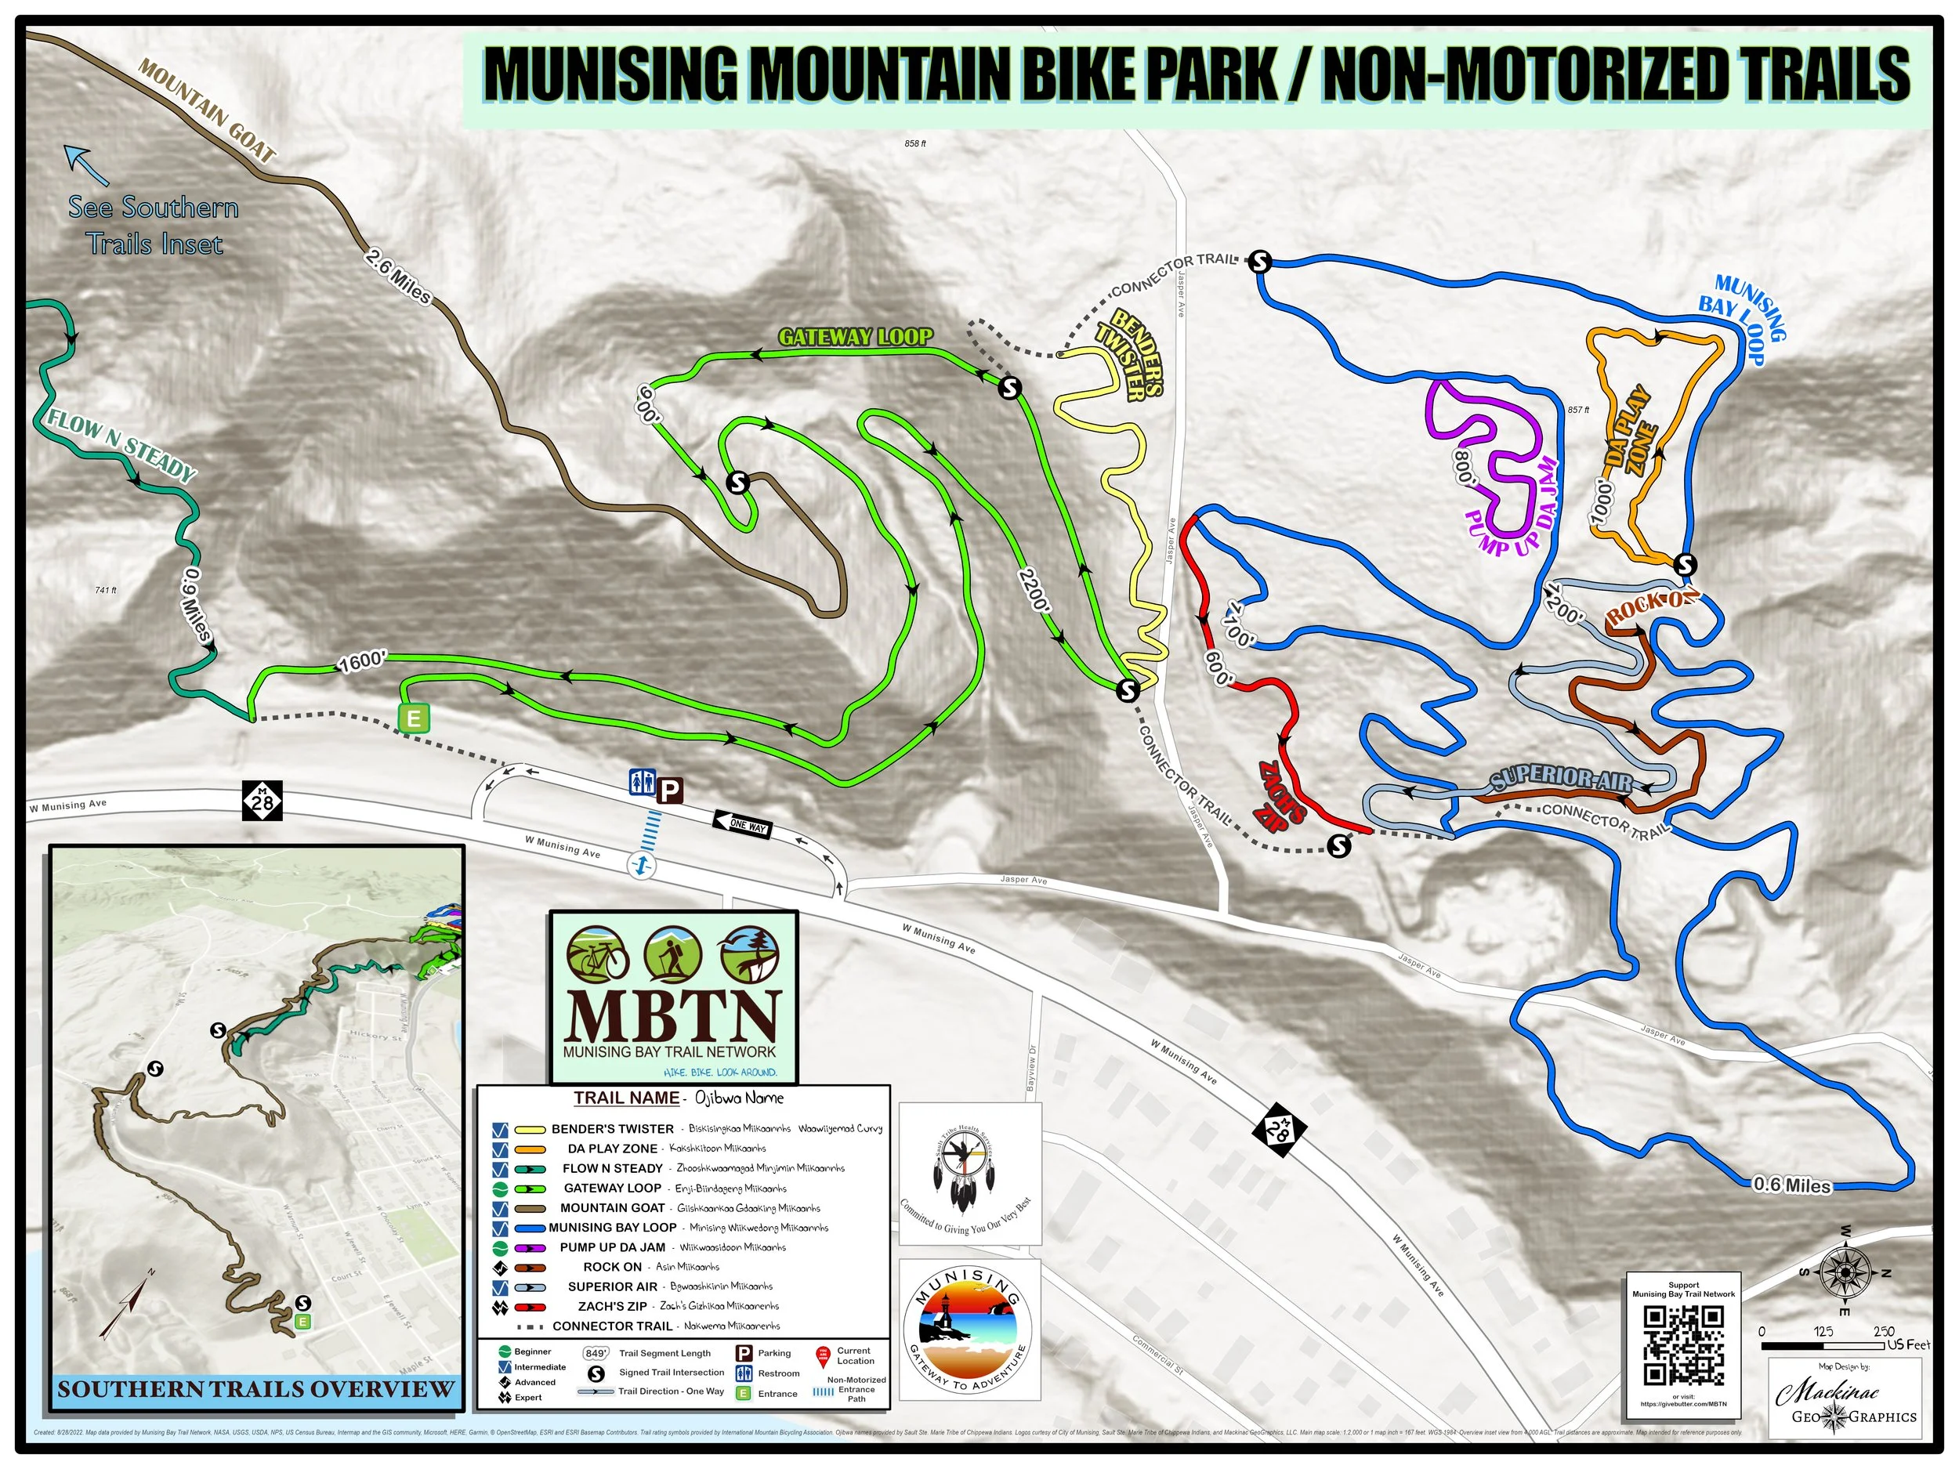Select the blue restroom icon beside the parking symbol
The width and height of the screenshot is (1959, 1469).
641,782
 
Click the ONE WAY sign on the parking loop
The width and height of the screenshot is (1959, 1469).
741,825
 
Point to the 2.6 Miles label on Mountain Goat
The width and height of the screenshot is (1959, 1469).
397,277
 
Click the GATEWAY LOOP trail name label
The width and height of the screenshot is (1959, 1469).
855,336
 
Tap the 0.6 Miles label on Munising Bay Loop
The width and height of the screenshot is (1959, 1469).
1791,1185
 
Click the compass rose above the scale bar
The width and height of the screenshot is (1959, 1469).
1845,1273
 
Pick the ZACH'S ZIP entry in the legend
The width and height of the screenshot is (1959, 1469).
612,1306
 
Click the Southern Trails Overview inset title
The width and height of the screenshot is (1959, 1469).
256,1389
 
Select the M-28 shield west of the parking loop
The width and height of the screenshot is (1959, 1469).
263,801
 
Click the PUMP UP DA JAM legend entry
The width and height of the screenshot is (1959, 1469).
612,1246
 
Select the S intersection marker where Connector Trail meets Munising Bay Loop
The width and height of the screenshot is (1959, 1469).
1259,261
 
